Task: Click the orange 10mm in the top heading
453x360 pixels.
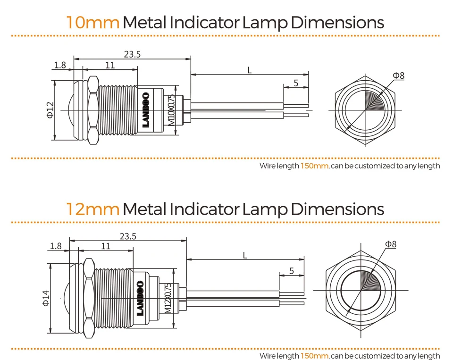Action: click(x=92, y=23)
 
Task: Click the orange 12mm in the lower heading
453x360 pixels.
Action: click(x=92, y=209)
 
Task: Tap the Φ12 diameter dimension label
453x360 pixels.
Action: click(x=50, y=110)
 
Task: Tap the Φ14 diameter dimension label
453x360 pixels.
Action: click(x=46, y=298)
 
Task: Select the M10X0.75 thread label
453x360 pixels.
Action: click(x=171, y=110)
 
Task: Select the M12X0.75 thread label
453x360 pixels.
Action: click(x=168, y=298)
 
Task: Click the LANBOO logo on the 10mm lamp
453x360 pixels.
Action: click(x=146, y=110)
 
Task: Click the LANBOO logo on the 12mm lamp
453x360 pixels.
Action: click(x=140, y=298)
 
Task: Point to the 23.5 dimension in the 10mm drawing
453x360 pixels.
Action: click(x=132, y=54)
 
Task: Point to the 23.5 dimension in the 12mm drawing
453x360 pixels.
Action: click(x=128, y=236)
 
